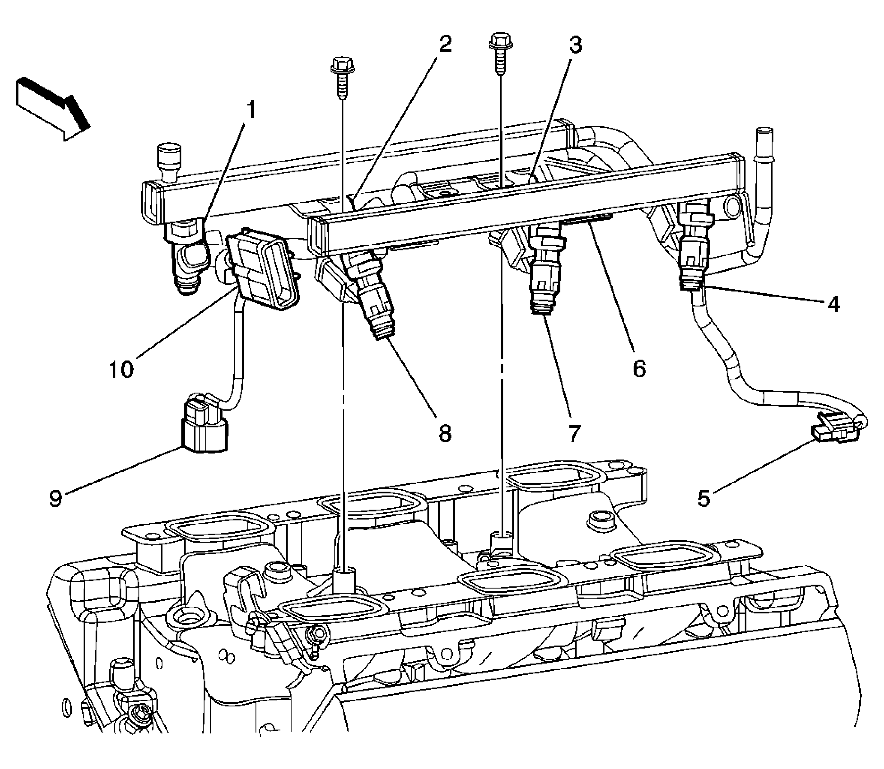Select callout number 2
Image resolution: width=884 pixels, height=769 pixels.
(x=445, y=45)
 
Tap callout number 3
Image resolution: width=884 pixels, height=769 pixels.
(x=575, y=45)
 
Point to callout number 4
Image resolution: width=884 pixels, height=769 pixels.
(x=833, y=304)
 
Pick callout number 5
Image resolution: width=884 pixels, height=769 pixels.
(x=704, y=498)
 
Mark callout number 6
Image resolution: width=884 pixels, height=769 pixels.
(x=638, y=368)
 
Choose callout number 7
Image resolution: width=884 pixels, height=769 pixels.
(x=574, y=433)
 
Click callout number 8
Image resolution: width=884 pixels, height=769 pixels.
(x=445, y=433)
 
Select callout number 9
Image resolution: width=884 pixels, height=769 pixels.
(x=56, y=498)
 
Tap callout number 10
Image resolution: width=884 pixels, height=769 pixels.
(x=121, y=368)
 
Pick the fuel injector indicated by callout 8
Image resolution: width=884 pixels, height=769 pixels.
(x=373, y=296)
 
